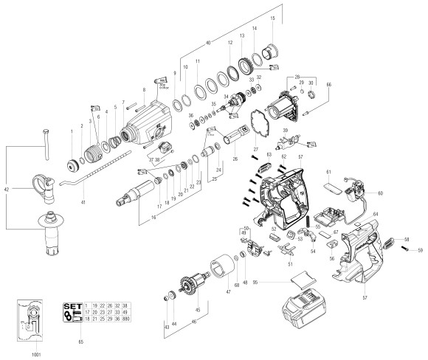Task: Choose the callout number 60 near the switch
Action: (x=382, y=193)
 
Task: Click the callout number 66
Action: (x=330, y=86)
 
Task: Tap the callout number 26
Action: (x=235, y=158)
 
